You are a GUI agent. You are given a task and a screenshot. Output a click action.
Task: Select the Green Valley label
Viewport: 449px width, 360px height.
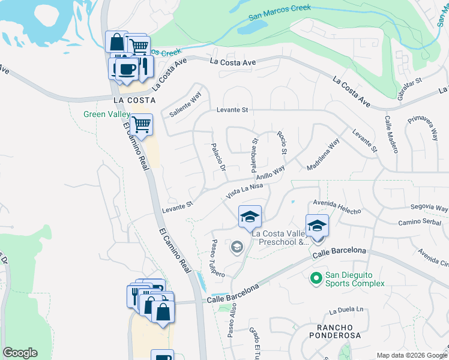pos(106,114)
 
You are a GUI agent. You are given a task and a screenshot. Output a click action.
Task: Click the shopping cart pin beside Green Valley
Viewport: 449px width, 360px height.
pos(141,125)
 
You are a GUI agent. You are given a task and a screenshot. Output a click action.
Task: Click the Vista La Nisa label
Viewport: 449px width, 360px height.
pos(245,191)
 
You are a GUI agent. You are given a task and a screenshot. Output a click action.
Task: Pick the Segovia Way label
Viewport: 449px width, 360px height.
pos(429,208)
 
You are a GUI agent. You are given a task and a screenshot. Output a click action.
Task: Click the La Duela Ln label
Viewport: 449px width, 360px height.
pos(346,311)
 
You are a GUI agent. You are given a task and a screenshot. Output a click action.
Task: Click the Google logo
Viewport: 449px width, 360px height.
pos(20,353)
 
